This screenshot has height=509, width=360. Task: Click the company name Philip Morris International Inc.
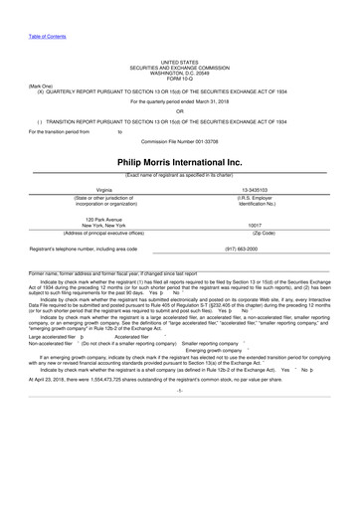click(x=179, y=161)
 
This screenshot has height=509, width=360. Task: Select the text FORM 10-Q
click(x=179, y=79)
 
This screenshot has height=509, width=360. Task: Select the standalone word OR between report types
click(x=179, y=111)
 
